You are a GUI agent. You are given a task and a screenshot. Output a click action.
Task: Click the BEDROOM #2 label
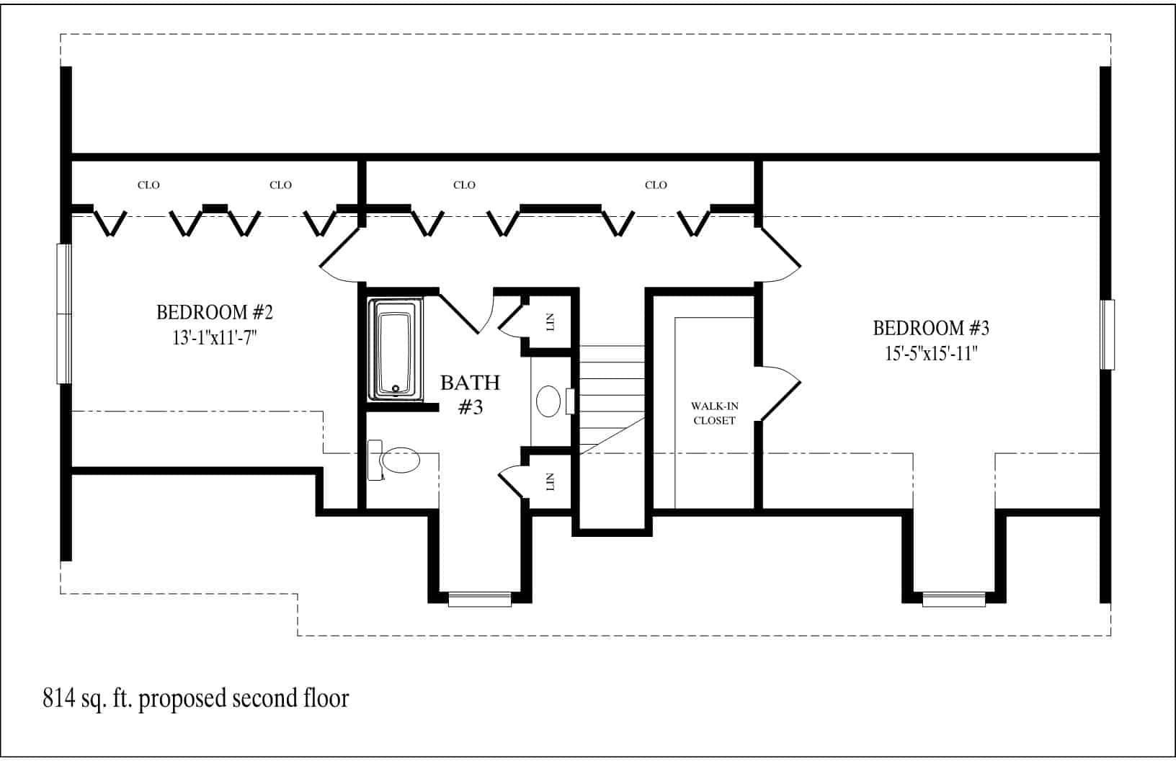pos(215,313)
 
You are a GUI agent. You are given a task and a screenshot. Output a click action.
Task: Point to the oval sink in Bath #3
pos(549,401)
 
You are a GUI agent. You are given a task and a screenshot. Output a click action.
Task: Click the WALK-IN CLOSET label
pos(714,413)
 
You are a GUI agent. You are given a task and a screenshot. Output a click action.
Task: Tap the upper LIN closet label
pos(551,322)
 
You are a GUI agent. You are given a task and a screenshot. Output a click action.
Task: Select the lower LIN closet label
pos(551,481)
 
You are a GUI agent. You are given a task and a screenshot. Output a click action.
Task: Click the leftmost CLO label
pos(148,185)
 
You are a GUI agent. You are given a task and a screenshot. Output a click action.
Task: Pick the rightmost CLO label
pos(656,185)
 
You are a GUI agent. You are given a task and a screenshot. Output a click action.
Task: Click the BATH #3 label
pos(470,394)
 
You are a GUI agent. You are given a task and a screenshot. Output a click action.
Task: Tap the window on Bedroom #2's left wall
pos(65,313)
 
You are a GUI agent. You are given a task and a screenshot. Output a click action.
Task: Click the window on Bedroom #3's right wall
pos(1108,334)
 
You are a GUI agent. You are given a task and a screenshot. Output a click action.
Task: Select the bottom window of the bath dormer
pos(479,598)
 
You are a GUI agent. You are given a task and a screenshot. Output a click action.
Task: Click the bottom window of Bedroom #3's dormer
pos(953,598)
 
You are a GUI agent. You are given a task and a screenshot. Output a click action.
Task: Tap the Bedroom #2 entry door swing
pos(339,256)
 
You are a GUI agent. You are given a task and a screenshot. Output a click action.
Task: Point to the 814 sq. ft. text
pos(195,698)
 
